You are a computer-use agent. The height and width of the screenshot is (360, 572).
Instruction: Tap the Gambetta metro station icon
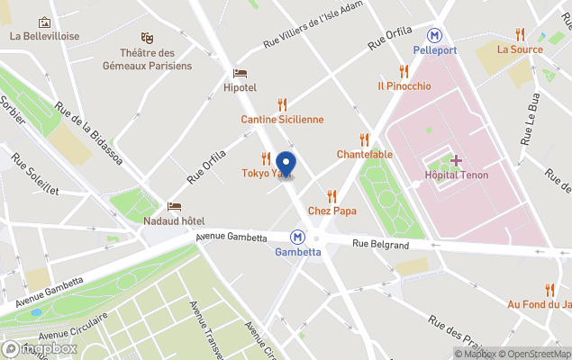(296, 237)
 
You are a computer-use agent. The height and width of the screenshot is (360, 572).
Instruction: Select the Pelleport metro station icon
(434, 34)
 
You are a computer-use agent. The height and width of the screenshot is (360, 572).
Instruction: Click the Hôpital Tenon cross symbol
(456, 160)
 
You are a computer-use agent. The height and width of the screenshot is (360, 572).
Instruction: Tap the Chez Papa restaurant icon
(331, 195)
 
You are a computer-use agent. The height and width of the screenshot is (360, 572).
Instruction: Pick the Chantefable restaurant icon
(364, 139)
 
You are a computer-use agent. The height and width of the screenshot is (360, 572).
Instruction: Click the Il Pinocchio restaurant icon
(404, 71)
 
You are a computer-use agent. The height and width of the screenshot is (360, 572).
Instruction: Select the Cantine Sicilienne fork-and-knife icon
(282, 104)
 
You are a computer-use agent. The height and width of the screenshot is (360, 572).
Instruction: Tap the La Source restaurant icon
(520, 34)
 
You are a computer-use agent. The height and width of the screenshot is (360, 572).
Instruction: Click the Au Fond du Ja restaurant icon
(549, 290)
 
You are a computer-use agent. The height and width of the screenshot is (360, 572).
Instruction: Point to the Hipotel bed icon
(240, 73)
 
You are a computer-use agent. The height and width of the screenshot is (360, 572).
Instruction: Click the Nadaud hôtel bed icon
(174, 206)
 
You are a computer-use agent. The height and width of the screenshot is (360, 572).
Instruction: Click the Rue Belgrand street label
(380, 244)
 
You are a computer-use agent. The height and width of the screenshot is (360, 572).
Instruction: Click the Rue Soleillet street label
(35, 174)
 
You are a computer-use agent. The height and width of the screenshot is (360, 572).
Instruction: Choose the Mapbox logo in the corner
(40, 348)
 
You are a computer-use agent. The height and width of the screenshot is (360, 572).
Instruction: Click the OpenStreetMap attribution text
(533, 354)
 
